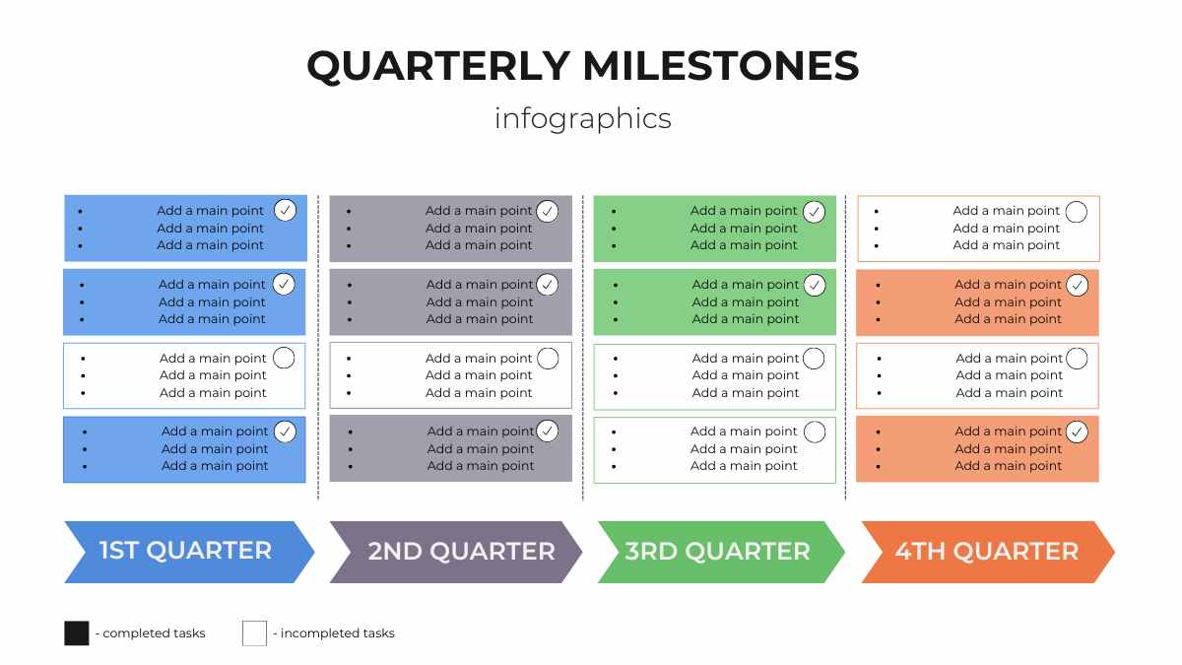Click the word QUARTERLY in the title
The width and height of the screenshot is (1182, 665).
[438, 66]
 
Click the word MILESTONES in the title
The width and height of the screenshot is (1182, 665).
[720, 66]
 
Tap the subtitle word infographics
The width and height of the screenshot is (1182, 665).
[583, 118]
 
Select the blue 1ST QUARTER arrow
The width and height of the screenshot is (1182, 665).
[187, 551]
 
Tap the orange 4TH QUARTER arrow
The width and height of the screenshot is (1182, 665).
[986, 552]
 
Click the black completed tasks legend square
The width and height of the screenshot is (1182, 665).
[77, 633]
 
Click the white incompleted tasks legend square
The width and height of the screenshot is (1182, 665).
[254, 633]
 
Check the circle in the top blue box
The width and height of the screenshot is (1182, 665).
[285, 210]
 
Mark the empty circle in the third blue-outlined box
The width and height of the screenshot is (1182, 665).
[284, 358]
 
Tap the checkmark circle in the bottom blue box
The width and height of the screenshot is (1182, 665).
[285, 432]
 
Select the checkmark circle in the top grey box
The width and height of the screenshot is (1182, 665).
[548, 211]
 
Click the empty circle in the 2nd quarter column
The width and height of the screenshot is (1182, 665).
[548, 359]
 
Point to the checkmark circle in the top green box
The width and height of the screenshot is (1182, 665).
[814, 211]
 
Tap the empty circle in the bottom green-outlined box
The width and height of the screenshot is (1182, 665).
[815, 432]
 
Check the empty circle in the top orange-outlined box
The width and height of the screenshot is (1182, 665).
[1077, 211]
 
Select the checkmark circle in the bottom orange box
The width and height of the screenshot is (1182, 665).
[1078, 432]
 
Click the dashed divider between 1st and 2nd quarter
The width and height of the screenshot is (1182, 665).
[318, 345]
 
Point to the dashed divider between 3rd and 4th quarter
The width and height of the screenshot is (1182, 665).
[845, 345]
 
